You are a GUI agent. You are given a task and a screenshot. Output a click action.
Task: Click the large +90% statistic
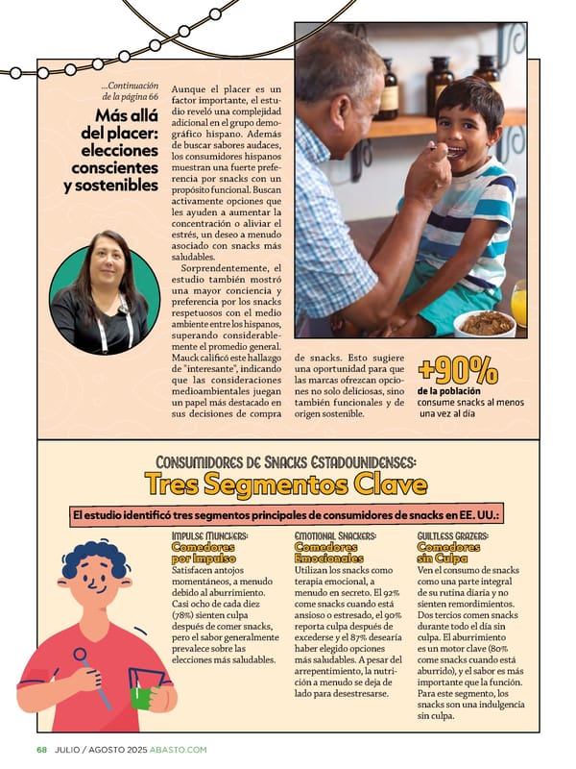(458, 370)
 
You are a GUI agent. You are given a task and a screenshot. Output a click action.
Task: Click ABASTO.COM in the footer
(178, 749)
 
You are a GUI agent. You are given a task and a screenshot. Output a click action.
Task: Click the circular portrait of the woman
(104, 289)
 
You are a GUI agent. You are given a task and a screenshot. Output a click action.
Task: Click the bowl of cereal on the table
(484, 322)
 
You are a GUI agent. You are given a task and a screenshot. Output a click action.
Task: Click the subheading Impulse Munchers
(210, 535)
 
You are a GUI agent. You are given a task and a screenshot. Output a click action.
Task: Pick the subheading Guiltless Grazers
(454, 535)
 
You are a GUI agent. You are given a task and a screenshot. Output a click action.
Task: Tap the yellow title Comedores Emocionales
(328, 552)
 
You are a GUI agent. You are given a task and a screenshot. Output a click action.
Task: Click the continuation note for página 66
(130, 90)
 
